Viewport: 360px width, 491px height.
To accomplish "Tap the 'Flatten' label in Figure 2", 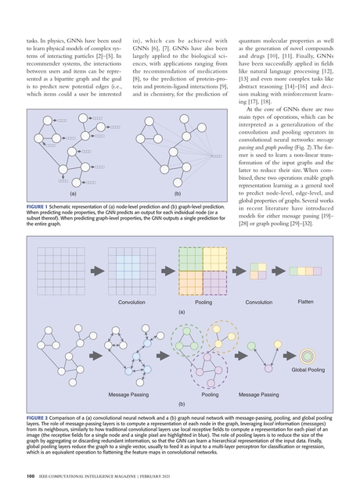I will click(305, 301).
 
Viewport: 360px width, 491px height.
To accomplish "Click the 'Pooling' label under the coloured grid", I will click(203, 302).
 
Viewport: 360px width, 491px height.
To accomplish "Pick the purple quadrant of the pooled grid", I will click(191, 280).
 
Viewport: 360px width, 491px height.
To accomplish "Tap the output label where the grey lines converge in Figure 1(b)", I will click(216, 156).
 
